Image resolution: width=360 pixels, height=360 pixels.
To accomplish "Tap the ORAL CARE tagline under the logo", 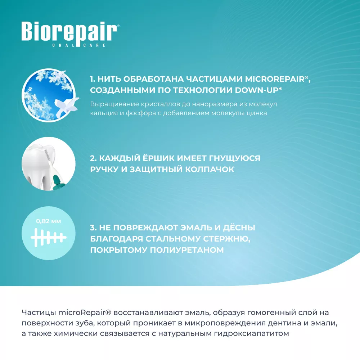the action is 78,45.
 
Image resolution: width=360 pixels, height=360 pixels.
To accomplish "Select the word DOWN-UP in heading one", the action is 256,90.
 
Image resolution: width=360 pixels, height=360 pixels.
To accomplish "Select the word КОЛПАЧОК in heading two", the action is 210,169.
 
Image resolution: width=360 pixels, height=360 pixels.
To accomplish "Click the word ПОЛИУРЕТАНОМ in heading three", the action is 187,250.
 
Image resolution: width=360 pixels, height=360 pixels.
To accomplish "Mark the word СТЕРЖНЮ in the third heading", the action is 226,239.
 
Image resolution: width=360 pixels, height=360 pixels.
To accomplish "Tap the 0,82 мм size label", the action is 49,221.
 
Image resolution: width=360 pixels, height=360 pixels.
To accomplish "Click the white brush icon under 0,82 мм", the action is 49,237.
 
